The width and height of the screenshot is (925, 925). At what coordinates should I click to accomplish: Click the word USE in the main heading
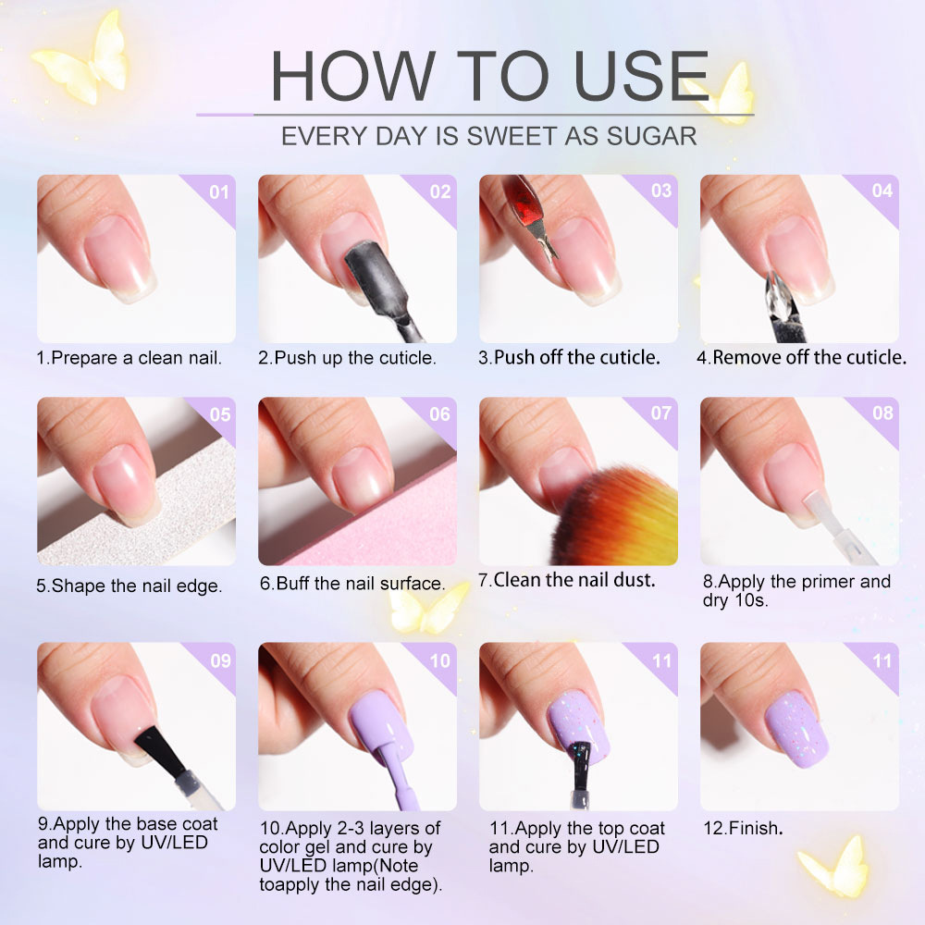coord(641,75)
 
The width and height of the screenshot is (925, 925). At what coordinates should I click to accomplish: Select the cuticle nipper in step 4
coord(783,308)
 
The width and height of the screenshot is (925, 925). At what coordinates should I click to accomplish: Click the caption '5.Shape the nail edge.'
coord(129,586)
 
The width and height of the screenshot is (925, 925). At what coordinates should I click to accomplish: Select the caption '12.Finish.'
coord(744,828)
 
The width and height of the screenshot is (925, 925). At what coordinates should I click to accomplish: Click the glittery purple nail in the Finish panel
coord(797,729)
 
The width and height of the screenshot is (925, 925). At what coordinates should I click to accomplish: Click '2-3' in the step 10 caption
coord(351,828)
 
